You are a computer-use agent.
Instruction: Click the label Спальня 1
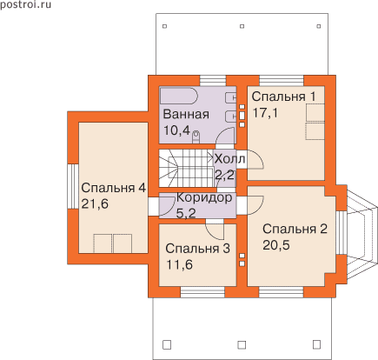pyautogui.click(x=283, y=97)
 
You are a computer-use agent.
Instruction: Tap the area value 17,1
pyautogui.click(x=265, y=113)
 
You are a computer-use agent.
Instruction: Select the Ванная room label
pyautogui.click(x=186, y=114)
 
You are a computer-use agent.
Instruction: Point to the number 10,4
pyautogui.click(x=176, y=130)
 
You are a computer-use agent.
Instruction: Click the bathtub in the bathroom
pyautogui.click(x=179, y=96)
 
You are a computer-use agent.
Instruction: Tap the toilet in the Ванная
pyautogui.click(x=196, y=137)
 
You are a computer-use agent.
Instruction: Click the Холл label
pyautogui.click(x=229, y=159)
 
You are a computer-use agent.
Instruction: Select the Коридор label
pyautogui.click(x=204, y=197)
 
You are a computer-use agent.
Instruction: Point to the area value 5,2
pyautogui.click(x=186, y=214)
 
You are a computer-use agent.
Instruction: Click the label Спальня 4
pyautogui.click(x=113, y=188)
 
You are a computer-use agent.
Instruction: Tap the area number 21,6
pyautogui.click(x=95, y=204)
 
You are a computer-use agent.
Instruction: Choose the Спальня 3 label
pyautogui.click(x=198, y=249)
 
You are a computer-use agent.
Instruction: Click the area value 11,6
pyautogui.click(x=179, y=264)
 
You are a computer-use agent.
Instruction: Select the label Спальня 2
pyautogui.click(x=295, y=229)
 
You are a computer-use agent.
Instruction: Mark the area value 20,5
pyautogui.click(x=276, y=245)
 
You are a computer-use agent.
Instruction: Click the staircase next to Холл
pyautogui.click(x=186, y=168)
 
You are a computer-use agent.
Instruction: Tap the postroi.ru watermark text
pyautogui.click(x=25, y=4)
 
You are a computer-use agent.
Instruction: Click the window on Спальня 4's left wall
pyautogui.click(x=73, y=187)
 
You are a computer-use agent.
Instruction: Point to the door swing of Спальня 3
pyautogui.click(x=215, y=229)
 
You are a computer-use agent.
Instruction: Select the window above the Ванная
pyautogui.click(x=213, y=81)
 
